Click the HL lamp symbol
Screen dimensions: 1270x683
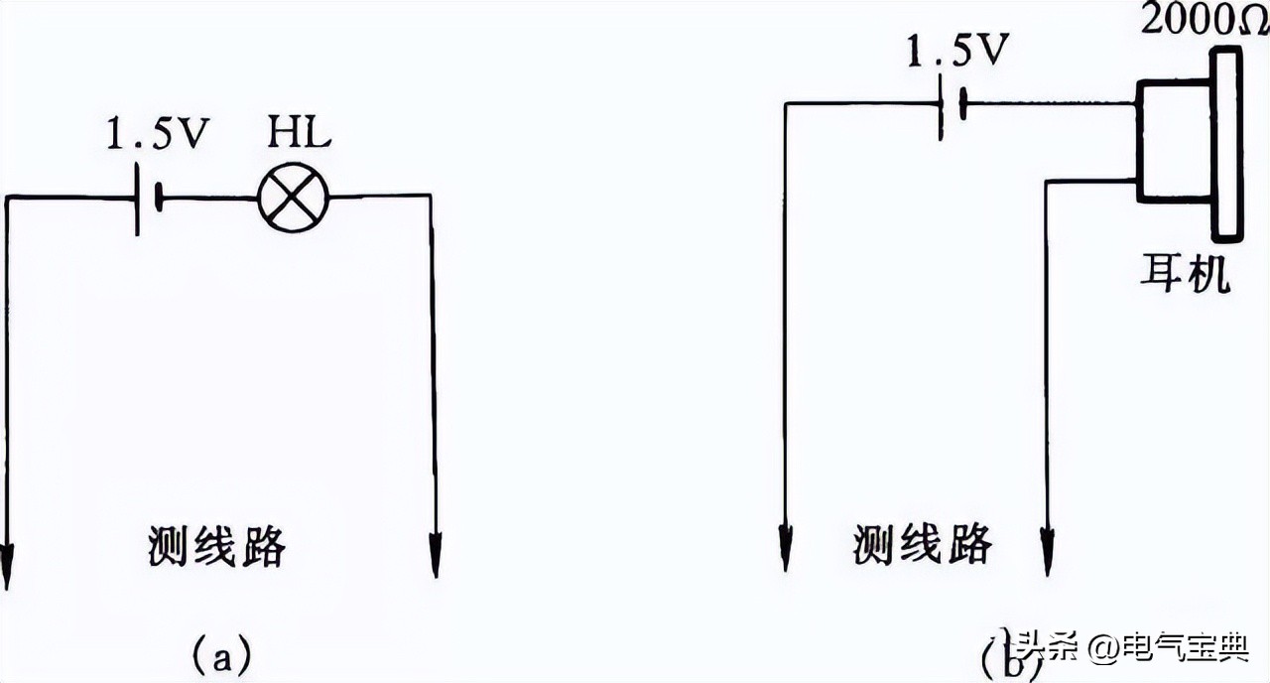point(293,198)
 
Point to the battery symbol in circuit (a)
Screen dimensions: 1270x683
point(147,198)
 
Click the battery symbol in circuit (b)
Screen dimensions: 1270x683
point(950,104)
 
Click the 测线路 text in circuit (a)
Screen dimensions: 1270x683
point(217,545)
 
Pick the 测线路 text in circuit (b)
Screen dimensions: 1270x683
point(922,543)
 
